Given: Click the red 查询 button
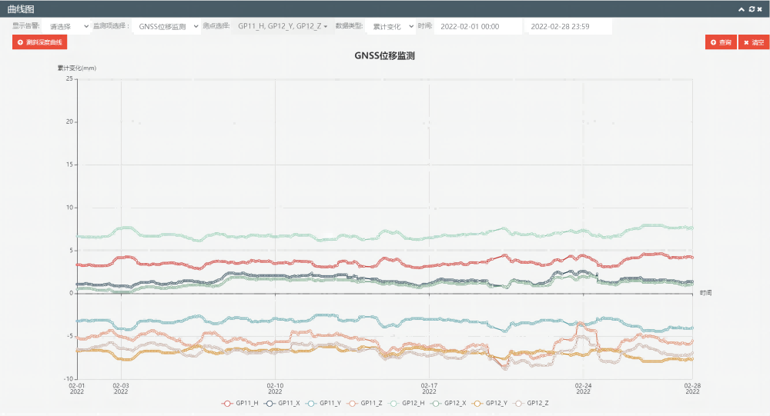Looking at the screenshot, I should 721,42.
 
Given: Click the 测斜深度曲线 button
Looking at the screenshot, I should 40,42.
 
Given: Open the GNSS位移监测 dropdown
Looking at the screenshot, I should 167,26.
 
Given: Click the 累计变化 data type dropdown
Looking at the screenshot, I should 391,26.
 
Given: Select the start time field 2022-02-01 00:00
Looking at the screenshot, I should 477,26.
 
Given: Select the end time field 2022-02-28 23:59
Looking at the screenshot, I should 567,26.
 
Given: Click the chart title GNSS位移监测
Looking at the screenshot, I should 385,56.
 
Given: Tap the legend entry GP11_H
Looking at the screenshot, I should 240,403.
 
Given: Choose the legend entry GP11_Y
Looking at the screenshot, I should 323,403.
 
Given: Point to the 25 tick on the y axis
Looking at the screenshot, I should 69,78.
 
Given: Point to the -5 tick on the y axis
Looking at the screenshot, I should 69,336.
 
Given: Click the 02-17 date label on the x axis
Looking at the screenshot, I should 429,388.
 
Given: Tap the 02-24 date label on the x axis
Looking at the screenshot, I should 583,388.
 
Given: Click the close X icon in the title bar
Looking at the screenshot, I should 759,8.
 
